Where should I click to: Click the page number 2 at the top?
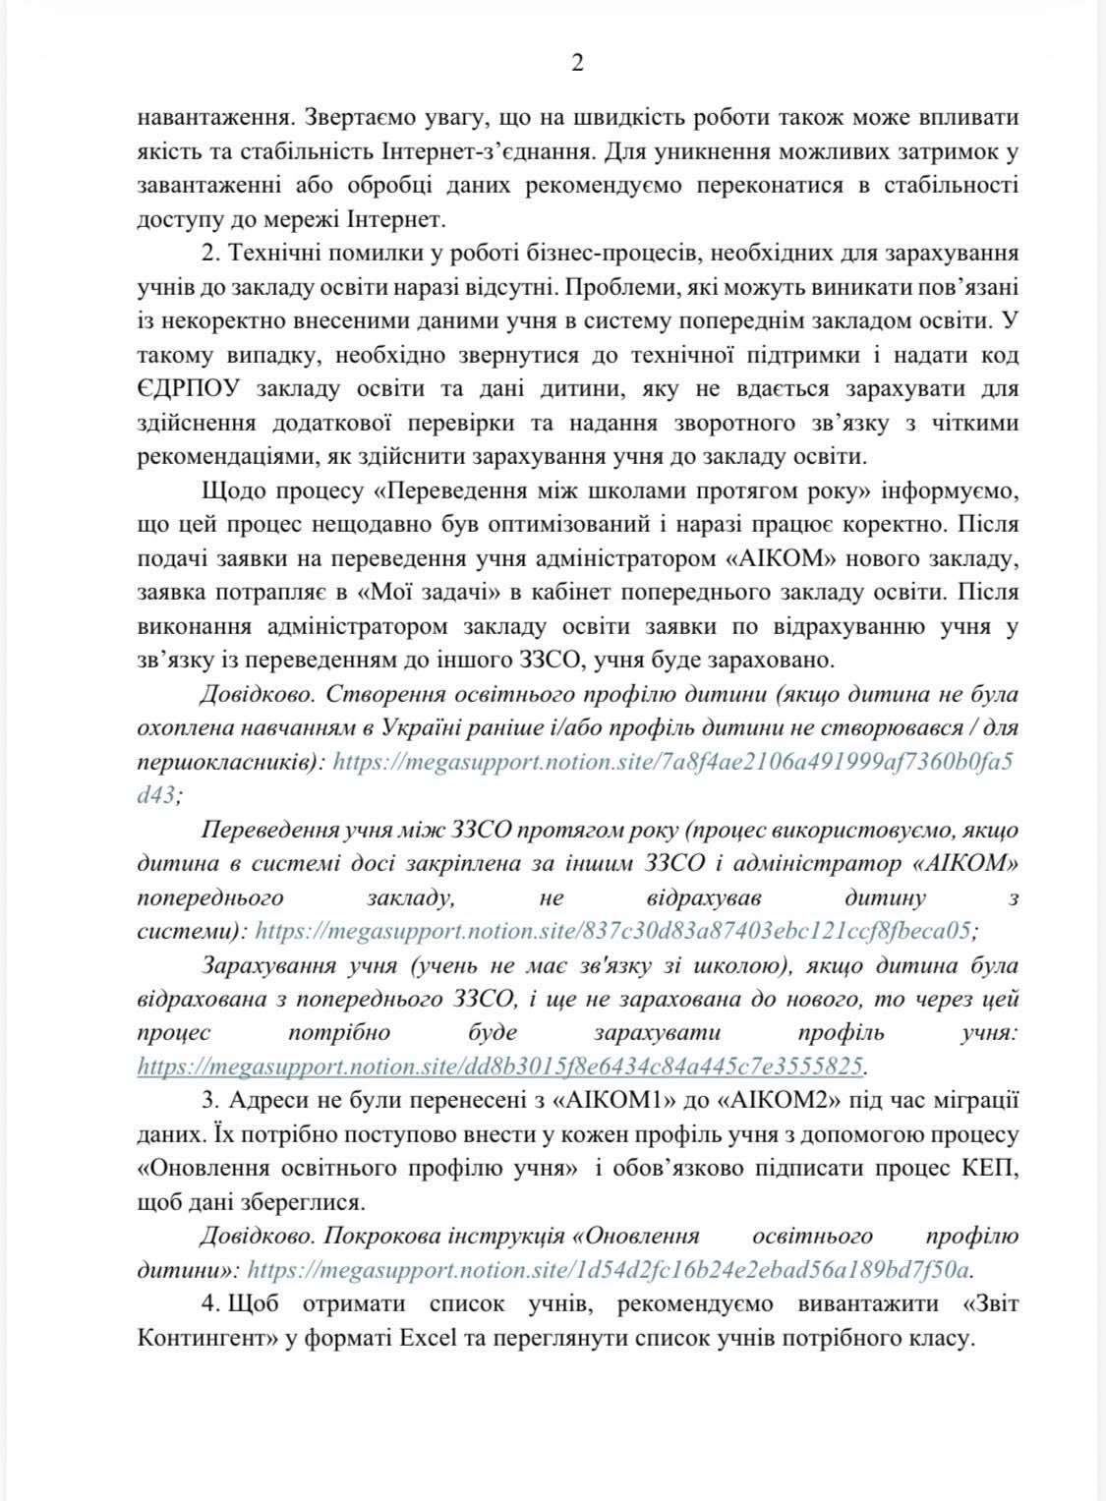tap(578, 64)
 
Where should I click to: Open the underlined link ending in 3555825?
tap(500, 1066)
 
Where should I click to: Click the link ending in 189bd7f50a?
tap(609, 1269)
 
